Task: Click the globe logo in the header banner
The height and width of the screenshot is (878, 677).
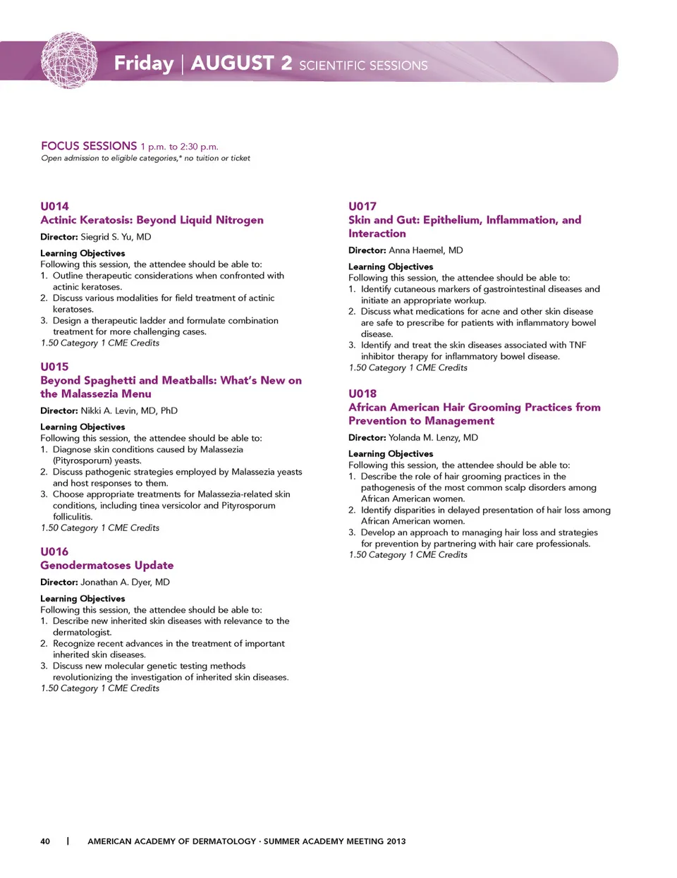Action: pos(69,61)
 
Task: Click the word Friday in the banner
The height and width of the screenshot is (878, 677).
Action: pos(144,63)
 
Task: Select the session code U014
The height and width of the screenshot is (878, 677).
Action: pos(54,207)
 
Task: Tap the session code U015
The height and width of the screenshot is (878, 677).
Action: pos(54,367)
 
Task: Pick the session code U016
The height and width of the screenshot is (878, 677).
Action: pos(54,551)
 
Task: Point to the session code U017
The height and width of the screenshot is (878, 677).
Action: pos(362,207)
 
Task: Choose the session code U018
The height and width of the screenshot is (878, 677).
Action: pos(362,394)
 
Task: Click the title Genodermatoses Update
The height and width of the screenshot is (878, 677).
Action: pos(106,566)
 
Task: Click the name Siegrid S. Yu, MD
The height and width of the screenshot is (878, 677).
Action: pos(116,237)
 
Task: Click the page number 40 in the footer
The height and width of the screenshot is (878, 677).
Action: pos(45,841)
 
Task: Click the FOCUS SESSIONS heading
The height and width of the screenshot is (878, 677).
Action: pos(89,146)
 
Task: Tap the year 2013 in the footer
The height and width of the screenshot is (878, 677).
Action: pos(396,841)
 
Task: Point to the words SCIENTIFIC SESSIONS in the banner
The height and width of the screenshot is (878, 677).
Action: pos(363,66)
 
